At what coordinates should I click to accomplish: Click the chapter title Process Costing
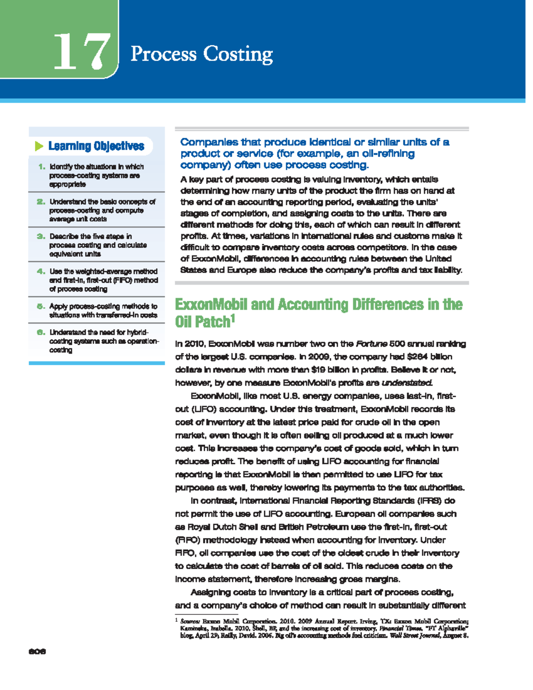[201, 54]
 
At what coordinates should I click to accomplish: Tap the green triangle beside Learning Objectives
[39, 146]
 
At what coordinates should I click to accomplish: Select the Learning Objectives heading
[96, 146]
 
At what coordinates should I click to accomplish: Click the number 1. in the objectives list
[42, 167]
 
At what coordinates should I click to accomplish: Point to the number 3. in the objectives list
[41, 236]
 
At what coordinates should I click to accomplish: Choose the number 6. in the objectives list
[41, 332]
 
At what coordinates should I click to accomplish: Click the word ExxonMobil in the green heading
[211, 305]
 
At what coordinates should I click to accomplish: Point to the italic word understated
[407, 383]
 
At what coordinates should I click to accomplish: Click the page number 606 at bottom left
[37, 652]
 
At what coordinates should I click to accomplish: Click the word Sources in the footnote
[190, 622]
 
